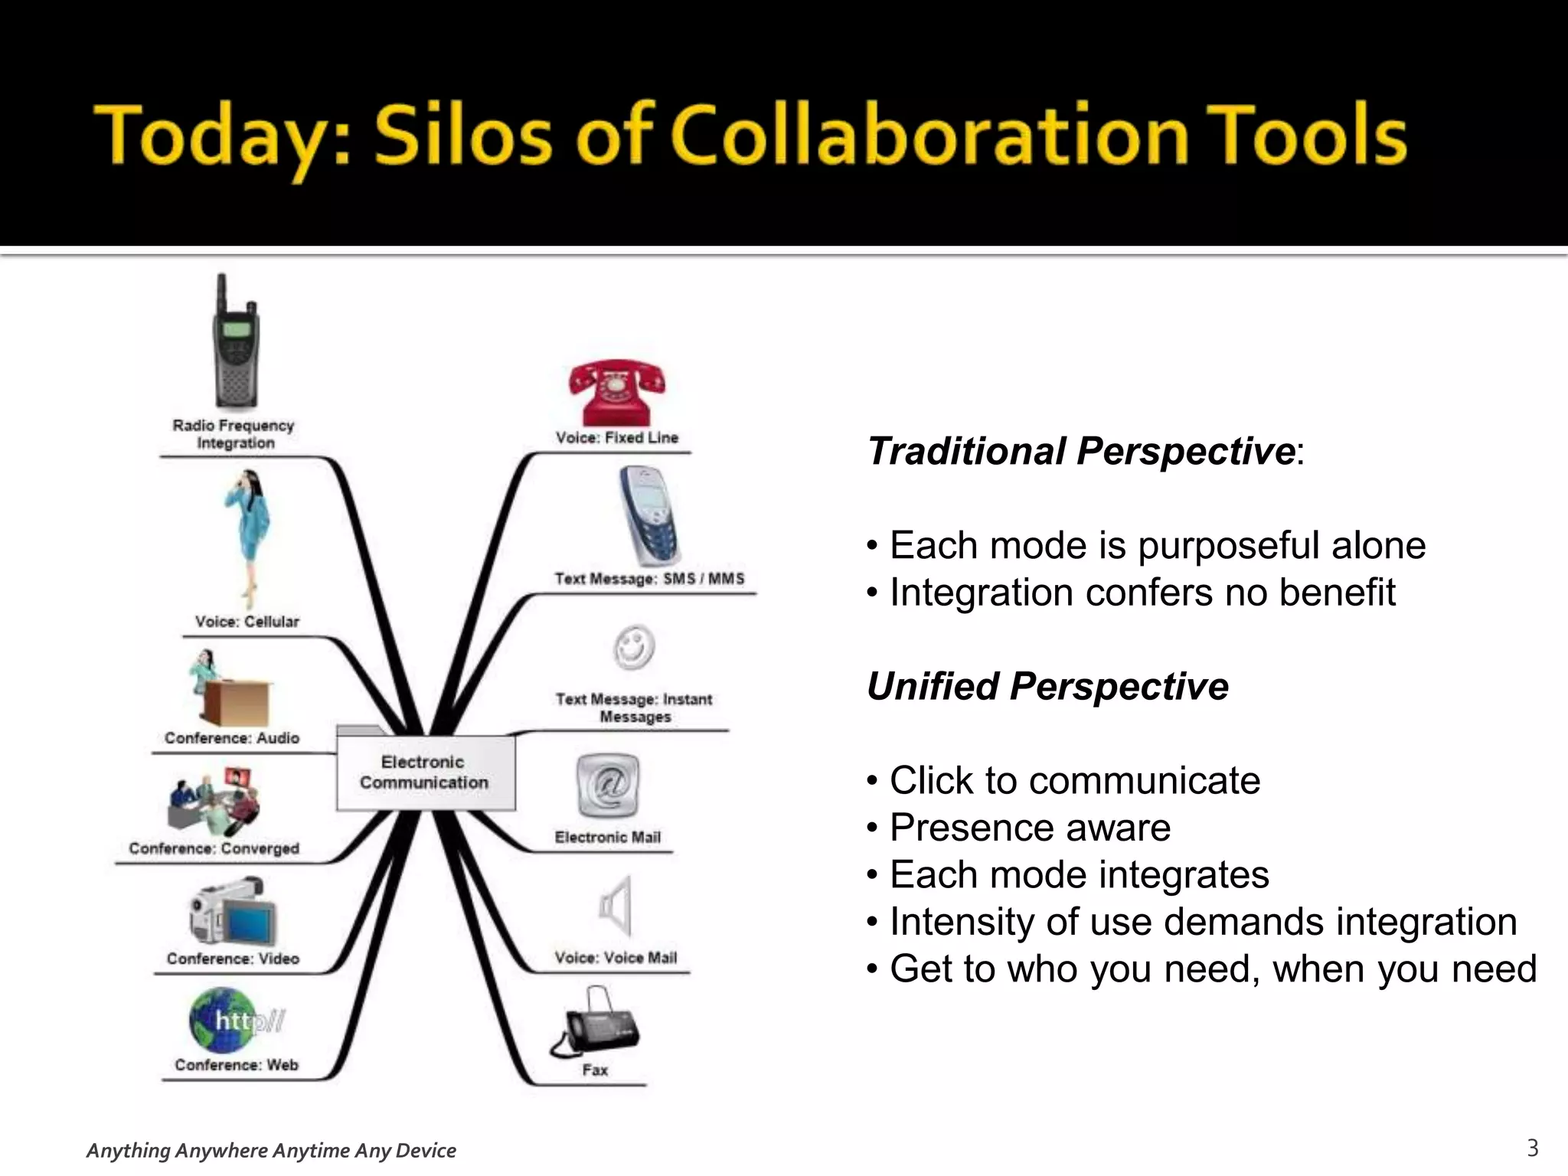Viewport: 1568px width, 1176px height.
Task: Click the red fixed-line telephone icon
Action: pos(616,392)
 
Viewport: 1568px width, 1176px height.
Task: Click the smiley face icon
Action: pos(634,648)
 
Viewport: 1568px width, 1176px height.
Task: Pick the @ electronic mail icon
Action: pos(607,786)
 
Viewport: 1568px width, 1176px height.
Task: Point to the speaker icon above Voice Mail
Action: pos(616,906)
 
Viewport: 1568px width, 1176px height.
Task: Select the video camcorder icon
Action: pos(233,913)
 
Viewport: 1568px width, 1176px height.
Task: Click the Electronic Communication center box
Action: pos(425,772)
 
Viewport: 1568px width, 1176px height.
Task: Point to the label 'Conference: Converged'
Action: pos(214,848)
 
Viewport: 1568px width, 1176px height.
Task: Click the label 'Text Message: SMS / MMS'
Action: pos(649,579)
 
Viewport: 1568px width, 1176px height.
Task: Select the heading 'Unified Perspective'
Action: pos(1047,686)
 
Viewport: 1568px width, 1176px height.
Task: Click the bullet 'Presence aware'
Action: pos(1030,828)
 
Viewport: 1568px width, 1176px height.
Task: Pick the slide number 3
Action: pos(1532,1148)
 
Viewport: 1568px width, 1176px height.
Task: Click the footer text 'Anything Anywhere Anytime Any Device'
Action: pos(271,1150)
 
